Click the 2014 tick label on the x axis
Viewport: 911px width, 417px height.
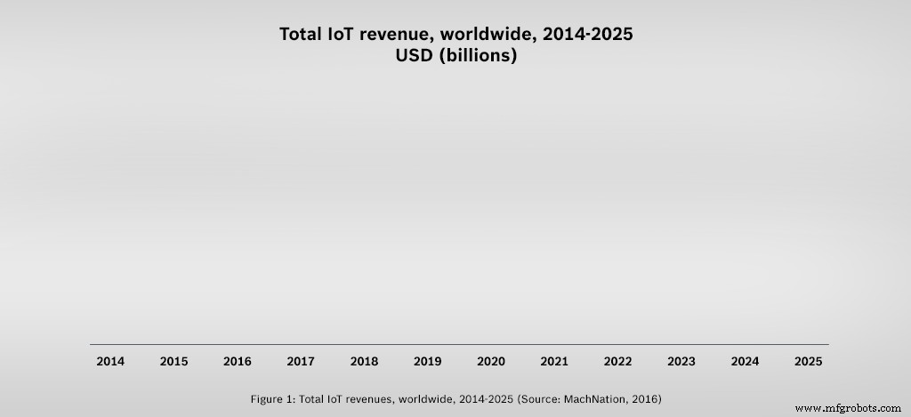point(110,362)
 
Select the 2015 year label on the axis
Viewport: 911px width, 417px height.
point(173,362)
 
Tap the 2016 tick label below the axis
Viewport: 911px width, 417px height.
point(237,362)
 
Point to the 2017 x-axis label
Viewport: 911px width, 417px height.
point(301,362)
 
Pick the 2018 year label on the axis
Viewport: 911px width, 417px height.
point(364,362)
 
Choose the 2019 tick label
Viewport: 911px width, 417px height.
point(427,362)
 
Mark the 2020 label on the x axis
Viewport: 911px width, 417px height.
point(491,362)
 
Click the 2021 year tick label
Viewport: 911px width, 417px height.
point(554,362)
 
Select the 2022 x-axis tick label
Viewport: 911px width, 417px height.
point(617,362)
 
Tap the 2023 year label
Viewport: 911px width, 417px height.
point(681,362)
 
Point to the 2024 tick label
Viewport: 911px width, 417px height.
point(745,362)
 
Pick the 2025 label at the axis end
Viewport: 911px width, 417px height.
point(808,362)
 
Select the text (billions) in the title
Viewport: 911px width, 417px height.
point(479,56)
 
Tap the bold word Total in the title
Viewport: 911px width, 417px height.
point(303,35)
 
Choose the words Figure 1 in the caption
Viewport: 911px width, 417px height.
point(272,398)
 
